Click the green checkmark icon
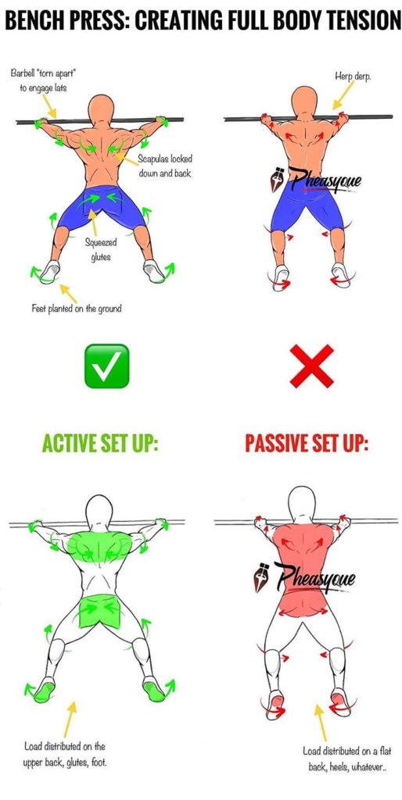[107, 366]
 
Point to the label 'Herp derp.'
[352, 75]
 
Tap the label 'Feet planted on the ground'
[77, 308]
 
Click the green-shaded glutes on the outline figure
[100, 609]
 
